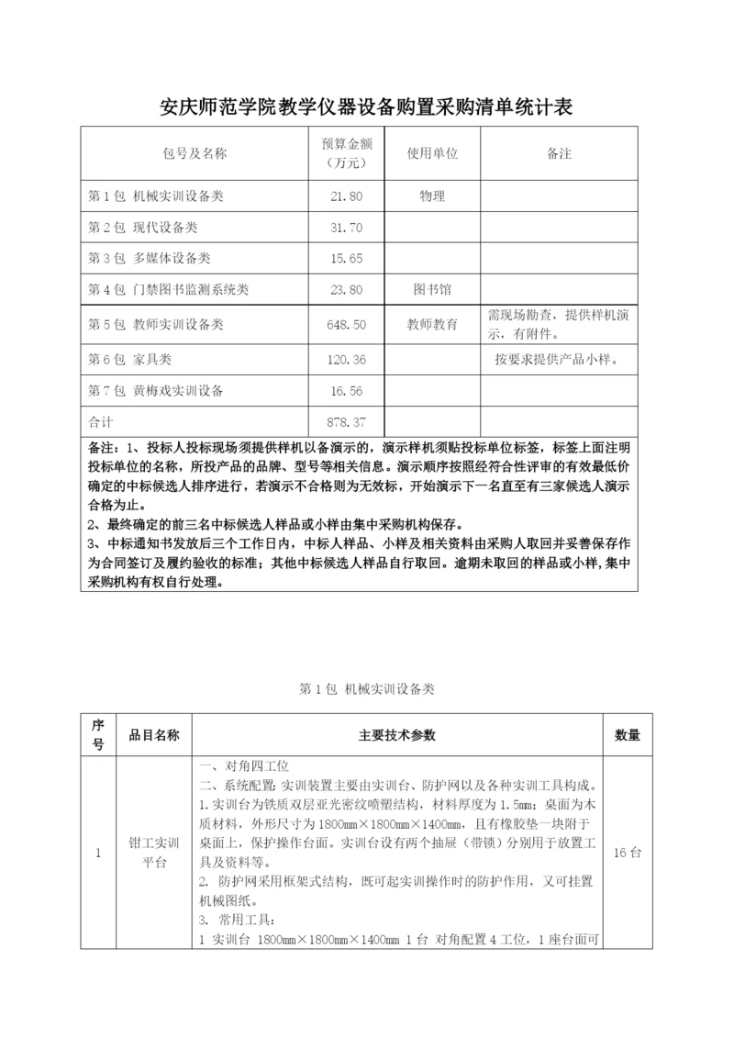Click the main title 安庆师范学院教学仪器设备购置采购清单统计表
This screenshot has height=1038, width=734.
pos(366,108)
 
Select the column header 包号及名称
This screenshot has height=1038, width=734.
pos(195,153)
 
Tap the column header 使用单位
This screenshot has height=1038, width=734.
pos(432,153)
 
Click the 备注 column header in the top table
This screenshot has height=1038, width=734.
pos(558,153)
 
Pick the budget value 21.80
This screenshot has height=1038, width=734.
pos(346,196)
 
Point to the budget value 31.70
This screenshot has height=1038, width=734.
pos(346,228)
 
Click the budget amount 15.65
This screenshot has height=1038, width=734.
pos(346,259)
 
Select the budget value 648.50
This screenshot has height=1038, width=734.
pos(346,324)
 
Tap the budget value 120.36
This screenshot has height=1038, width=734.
pos(346,359)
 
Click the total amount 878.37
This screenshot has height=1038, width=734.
pos(346,422)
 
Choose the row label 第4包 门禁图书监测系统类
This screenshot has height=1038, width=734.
pos(168,290)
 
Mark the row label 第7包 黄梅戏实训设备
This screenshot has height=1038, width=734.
pos(155,391)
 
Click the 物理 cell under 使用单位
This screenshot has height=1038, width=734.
pos(432,196)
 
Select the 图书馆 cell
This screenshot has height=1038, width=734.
pos(432,290)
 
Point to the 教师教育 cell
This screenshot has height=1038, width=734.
pos(432,324)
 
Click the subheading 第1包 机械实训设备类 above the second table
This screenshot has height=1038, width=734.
pos(366,689)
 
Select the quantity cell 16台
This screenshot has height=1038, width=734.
pos(627,853)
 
